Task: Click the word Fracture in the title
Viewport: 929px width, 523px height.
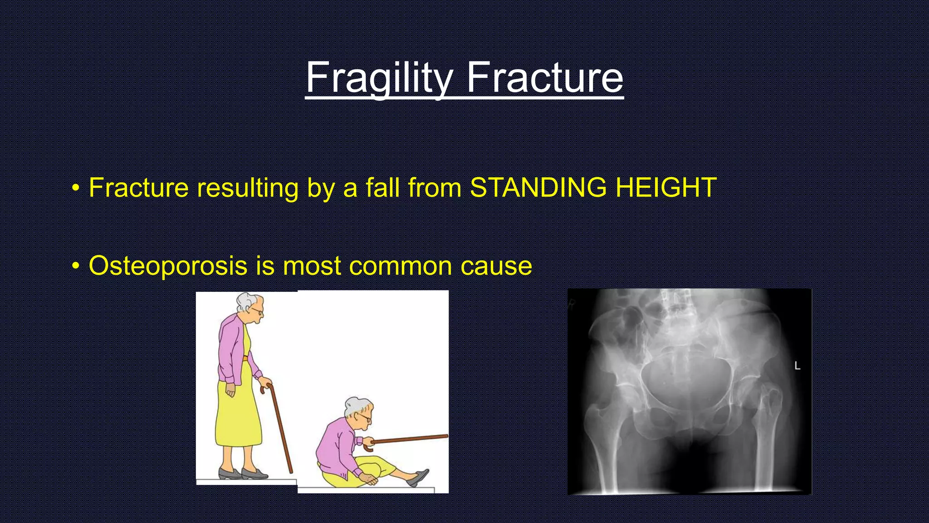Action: click(x=545, y=78)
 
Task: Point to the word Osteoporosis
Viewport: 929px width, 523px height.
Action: click(x=168, y=266)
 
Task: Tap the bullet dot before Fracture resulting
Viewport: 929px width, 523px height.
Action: click(x=76, y=187)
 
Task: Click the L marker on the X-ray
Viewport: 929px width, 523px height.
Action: click(x=797, y=366)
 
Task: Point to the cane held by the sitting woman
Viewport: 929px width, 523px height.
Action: click(x=408, y=439)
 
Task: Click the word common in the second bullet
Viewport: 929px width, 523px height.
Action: click(x=401, y=266)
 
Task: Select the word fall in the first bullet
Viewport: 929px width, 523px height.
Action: click(x=382, y=187)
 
